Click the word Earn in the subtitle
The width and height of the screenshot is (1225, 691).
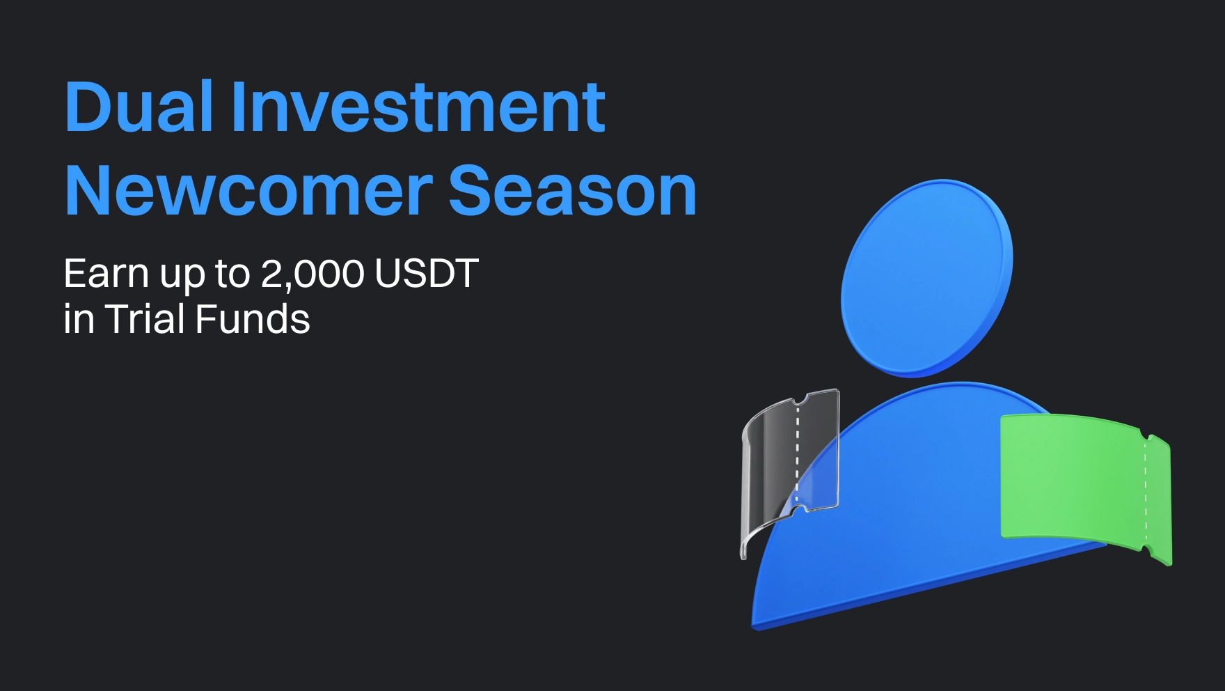point(106,273)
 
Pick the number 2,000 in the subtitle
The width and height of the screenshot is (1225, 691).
point(313,274)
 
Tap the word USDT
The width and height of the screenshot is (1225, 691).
point(427,273)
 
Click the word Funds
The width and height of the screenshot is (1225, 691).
point(253,319)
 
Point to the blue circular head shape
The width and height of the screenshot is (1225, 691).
point(926,277)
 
